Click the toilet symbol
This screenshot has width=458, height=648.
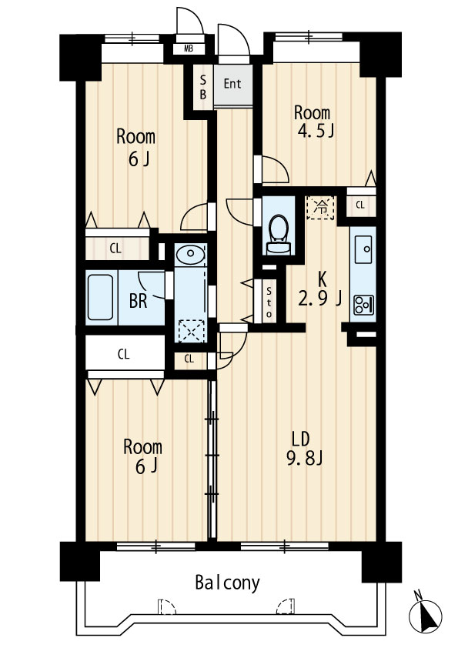pyautogui.click(x=278, y=233)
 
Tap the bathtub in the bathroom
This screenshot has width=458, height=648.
pyautogui.click(x=100, y=297)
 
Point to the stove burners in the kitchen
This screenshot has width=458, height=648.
pyautogui.click(x=363, y=304)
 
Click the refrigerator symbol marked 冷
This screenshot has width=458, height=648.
pyautogui.click(x=320, y=207)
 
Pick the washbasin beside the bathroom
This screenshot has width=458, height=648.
pyautogui.click(x=189, y=255)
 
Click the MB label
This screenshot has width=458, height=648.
pyautogui.click(x=189, y=49)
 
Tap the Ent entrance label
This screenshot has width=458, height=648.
pyautogui.click(x=232, y=83)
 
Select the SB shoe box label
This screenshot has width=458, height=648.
pyautogui.click(x=203, y=87)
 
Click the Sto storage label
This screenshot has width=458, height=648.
pyautogui.click(x=269, y=302)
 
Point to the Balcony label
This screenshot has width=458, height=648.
pyautogui.click(x=227, y=583)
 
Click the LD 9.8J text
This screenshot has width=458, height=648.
pyautogui.click(x=304, y=449)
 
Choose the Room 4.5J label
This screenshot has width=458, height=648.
pyautogui.click(x=313, y=121)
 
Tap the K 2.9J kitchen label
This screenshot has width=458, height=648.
pyautogui.click(x=319, y=289)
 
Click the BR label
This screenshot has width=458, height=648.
pyautogui.click(x=138, y=301)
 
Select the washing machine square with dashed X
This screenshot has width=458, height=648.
pyautogui.click(x=191, y=331)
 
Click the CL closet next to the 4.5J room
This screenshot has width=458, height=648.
pyautogui.click(x=361, y=205)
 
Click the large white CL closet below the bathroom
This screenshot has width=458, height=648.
pyautogui.click(x=125, y=353)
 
